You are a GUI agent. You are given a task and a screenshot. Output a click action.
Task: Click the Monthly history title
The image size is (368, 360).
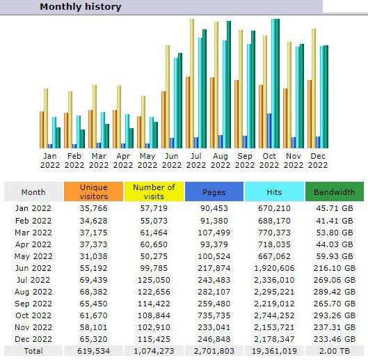(81, 6)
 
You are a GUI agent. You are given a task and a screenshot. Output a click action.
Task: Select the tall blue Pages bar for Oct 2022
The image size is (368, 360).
(269, 131)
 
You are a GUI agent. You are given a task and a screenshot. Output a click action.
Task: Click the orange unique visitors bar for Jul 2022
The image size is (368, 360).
(188, 112)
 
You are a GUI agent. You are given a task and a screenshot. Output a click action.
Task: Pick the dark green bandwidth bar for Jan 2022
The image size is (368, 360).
(58, 138)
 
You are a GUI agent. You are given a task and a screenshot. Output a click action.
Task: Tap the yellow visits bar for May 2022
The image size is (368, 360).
(143, 122)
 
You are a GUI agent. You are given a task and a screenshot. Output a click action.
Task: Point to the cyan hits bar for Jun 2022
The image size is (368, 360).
(176, 103)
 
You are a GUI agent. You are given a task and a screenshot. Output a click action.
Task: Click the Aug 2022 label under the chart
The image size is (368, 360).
(221, 160)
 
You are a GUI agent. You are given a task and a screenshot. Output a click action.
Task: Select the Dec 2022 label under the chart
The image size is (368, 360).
(318, 160)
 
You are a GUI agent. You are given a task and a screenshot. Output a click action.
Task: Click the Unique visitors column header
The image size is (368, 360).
(93, 191)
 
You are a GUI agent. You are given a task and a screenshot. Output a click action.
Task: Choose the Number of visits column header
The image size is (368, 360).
(154, 191)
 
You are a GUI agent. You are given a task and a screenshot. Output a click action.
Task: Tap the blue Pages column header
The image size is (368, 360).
(214, 191)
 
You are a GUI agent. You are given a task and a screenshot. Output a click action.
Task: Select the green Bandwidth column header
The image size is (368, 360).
(335, 191)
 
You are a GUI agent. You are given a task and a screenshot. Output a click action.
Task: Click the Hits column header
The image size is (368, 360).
(274, 191)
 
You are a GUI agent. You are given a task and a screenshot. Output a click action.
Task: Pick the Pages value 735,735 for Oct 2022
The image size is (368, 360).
(214, 315)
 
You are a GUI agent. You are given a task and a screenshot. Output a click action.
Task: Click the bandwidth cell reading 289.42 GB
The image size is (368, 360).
(335, 292)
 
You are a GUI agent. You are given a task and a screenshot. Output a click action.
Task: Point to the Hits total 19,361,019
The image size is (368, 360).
(274, 351)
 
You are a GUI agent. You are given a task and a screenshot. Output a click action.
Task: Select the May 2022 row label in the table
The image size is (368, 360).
(33, 256)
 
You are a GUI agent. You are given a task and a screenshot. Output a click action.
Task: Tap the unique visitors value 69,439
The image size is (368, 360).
(93, 280)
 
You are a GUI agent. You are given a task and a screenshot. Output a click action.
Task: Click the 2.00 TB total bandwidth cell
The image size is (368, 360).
(335, 351)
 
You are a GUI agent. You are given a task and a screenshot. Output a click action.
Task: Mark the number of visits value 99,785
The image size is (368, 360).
(154, 268)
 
